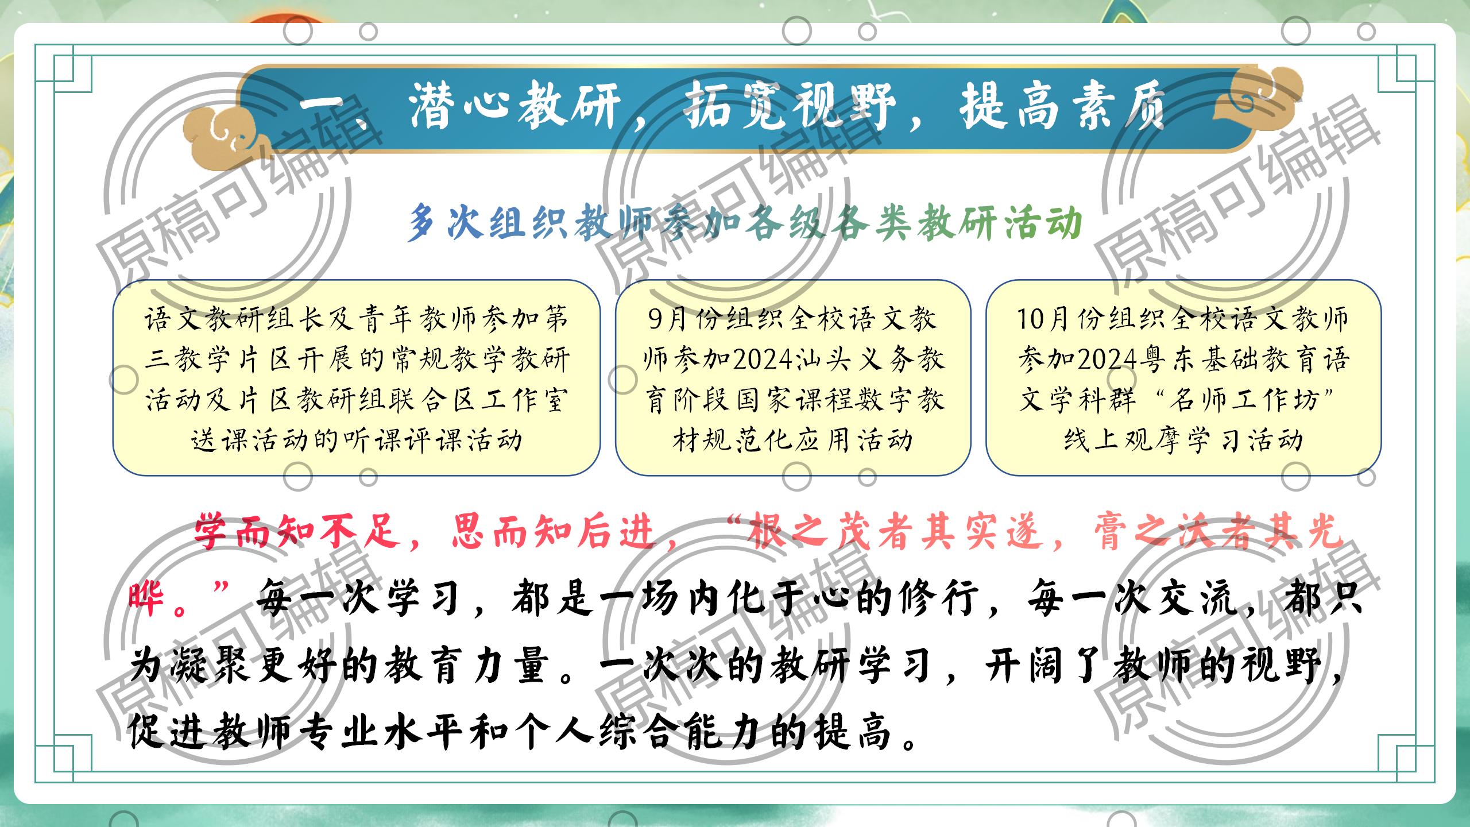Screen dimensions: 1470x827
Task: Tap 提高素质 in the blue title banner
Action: [1062, 107]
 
